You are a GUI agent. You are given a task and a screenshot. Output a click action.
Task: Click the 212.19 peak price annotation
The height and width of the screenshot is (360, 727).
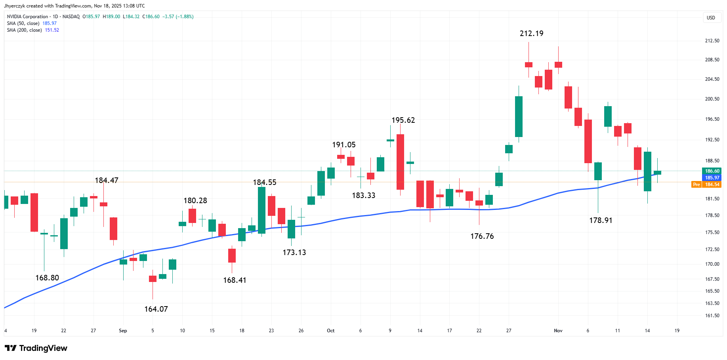click(x=531, y=34)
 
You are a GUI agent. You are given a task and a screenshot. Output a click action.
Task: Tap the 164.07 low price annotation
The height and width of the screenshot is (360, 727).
click(x=156, y=309)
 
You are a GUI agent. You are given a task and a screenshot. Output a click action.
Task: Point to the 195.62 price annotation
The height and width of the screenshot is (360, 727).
click(x=403, y=120)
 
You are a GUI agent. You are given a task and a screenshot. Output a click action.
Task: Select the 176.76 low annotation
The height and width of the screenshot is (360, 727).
click(x=482, y=236)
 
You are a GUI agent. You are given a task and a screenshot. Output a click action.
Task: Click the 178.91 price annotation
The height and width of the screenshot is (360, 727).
click(x=601, y=220)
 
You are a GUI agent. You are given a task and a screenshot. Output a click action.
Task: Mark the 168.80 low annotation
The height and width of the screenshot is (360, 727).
click(x=47, y=278)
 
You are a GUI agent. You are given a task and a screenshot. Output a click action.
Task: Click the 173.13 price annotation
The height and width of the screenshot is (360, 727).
click(x=294, y=252)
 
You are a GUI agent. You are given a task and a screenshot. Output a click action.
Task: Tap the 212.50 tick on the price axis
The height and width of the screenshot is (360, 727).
click(x=712, y=41)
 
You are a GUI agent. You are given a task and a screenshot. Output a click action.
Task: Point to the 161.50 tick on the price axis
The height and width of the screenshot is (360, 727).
click(x=712, y=316)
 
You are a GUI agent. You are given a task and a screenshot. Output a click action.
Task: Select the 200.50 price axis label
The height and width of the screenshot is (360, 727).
click(x=712, y=99)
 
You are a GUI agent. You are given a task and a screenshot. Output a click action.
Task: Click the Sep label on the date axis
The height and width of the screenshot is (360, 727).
click(x=123, y=331)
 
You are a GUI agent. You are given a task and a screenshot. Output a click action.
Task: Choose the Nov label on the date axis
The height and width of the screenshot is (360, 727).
click(x=558, y=331)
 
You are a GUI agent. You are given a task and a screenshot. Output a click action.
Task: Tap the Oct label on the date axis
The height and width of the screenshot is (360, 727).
click(x=330, y=331)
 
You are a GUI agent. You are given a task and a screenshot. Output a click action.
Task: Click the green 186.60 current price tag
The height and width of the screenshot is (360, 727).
click(x=712, y=171)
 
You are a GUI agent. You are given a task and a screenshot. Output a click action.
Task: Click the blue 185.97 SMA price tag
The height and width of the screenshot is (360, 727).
click(x=712, y=178)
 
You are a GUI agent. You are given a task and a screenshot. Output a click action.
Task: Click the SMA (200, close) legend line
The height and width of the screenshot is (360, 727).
click(x=25, y=30)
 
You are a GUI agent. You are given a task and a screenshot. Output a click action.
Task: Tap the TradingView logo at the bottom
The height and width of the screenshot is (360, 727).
click(x=36, y=348)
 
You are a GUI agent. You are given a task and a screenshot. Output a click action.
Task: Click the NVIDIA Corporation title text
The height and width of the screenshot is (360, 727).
click(x=27, y=17)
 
